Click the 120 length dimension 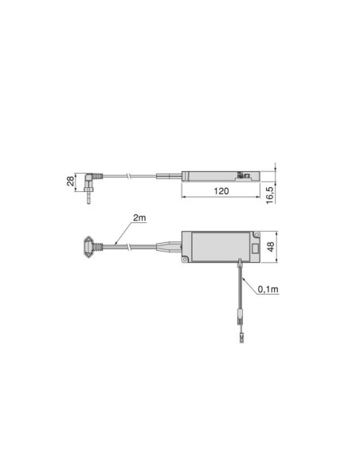221,191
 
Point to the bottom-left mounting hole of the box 185,260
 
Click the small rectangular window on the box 255,248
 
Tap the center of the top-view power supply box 221,247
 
